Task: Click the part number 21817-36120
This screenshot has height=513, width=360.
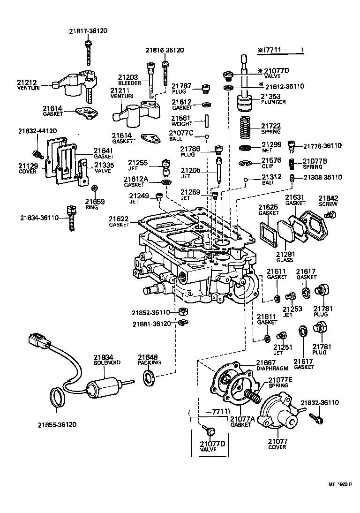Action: point(88,31)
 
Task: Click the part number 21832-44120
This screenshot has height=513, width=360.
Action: point(37,131)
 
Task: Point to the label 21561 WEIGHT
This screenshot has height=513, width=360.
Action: point(181,121)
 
